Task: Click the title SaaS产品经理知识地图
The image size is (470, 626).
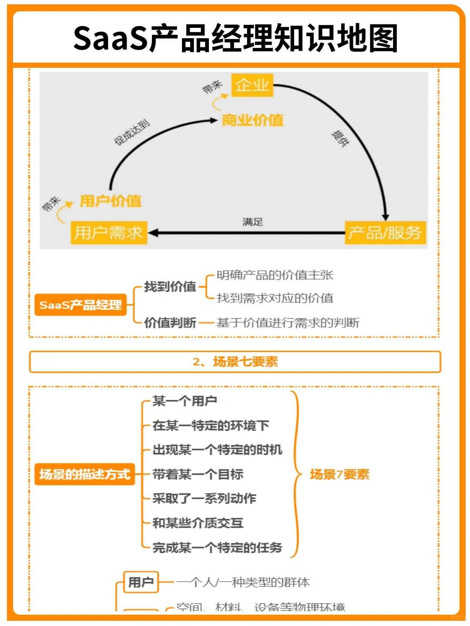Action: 235,38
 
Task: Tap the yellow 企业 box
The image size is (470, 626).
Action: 252,85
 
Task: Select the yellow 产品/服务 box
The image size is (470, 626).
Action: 385,233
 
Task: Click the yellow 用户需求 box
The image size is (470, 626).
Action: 108,233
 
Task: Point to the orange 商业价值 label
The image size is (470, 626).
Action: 252,120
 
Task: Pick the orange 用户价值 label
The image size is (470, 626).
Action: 111,201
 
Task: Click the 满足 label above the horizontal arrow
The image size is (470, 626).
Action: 252,222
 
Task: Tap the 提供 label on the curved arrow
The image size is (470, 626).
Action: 340,138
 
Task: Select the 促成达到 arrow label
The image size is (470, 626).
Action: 131,132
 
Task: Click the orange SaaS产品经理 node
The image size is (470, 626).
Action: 81,305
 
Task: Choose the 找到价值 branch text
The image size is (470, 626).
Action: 170,286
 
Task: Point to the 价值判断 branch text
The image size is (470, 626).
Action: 170,323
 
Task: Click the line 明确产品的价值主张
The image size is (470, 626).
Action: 275,275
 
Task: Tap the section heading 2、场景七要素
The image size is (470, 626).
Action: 235,362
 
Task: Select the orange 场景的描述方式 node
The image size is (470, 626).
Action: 85,474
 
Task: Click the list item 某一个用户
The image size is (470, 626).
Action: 185,401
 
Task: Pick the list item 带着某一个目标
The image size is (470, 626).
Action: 198,474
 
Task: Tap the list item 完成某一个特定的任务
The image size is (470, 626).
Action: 217,547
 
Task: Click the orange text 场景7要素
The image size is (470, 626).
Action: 339,474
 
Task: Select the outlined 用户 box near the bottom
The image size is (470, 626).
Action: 141,582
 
